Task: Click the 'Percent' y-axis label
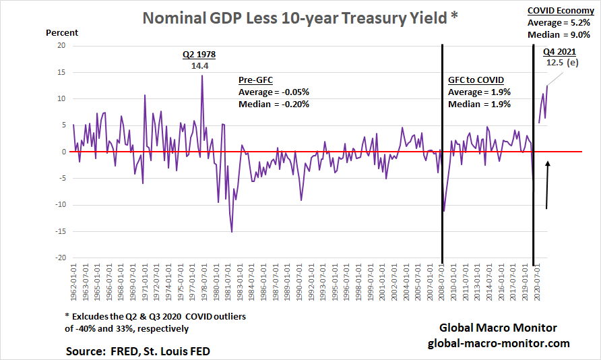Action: click(62, 33)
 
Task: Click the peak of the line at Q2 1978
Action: click(201, 75)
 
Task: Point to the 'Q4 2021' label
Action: click(559, 51)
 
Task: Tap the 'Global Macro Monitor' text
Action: click(499, 328)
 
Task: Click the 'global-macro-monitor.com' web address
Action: click(499, 343)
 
